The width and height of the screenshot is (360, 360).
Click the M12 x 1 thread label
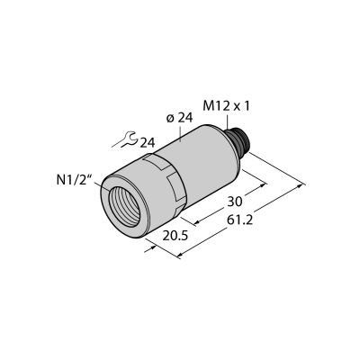coord(226,106)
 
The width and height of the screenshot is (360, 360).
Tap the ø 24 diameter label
coord(179,119)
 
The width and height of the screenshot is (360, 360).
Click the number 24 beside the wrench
coord(148,143)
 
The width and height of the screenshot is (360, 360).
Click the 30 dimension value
coord(234,202)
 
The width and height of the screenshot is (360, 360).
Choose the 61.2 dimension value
coord(240,220)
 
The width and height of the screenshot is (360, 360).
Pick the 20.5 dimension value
coord(175,236)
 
